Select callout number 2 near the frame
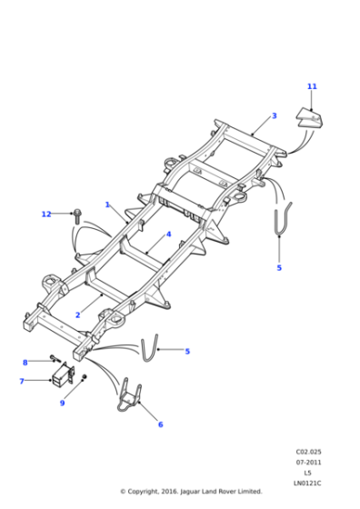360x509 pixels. pyautogui.click(x=78, y=314)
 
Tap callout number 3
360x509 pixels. pyautogui.click(x=274, y=116)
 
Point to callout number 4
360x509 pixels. pyautogui.click(x=168, y=234)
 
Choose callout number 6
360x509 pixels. pyautogui.click(x=160, y=424)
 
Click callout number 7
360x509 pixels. pyautogui.click(x=22, y=381)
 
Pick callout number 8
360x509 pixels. pyautogui.click(x=25, y=363)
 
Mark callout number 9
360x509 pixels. pyautogui.click(x=63, y=403)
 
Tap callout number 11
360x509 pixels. pyautogui.click(x=312, y=86)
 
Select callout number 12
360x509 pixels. pyautogui.click(x=46, y=215)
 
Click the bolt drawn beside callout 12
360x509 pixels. pyautogui.click(x=77, y=215)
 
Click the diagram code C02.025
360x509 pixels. pyautogui.click(x=307, y=451)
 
